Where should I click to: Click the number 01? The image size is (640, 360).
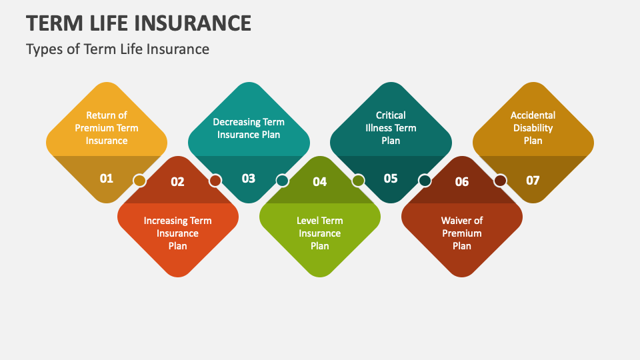[107, 178]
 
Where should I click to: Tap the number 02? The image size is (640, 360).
[177, 181]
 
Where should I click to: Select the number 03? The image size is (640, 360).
[249, 178]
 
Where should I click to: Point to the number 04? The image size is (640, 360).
[320, 181]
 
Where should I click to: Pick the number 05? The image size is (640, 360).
[391, 178]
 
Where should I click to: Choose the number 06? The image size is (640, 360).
[462, 181]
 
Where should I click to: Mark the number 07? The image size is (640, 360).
[533, 179]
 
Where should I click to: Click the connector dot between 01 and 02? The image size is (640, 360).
[139, 181]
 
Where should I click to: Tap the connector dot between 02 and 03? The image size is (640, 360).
[215, 181]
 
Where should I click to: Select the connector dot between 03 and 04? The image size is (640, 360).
[282, 181]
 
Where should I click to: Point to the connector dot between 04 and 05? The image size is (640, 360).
[358, 181]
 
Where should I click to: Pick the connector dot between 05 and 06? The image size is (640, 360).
[425, 181]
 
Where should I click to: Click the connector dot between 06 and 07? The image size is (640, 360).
[500, 181]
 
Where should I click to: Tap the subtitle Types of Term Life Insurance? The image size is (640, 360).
[117, 49]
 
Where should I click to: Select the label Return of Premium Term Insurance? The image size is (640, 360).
[107, 128]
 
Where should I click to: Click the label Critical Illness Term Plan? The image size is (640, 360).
[391, 128]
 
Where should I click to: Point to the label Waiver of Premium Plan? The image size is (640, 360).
[462, 233]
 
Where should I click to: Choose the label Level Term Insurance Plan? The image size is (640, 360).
[320, 233]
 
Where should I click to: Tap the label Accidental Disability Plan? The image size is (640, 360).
[533, 128]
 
